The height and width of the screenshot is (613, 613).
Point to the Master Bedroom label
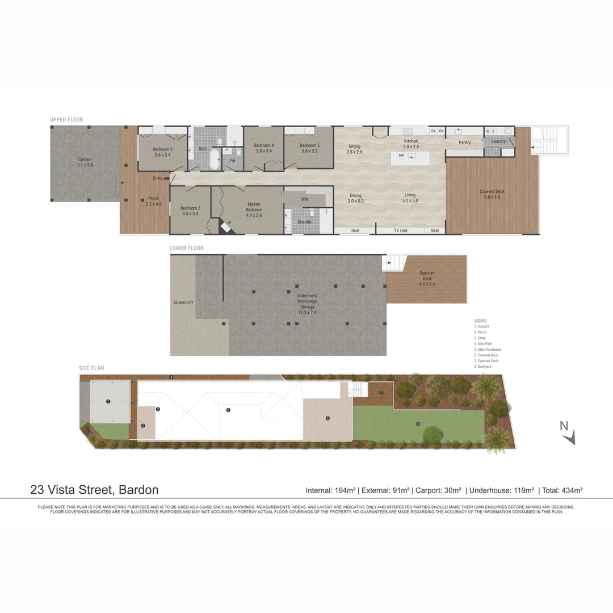[254, 207]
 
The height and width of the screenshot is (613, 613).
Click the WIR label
[305, 199]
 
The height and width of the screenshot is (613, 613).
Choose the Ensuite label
[304, 221]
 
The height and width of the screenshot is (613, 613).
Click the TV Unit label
[400, 230]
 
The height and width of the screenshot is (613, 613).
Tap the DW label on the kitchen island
[401, 155]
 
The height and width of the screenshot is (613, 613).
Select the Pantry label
[464, 142]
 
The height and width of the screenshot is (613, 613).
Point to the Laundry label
[498, 141]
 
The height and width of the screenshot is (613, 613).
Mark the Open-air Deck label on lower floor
[426, 275]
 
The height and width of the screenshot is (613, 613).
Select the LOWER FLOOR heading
[186, 248]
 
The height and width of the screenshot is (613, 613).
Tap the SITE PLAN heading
[91, 368]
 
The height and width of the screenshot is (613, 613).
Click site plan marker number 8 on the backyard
[418, 423]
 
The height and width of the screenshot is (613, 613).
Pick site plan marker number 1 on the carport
[108, 401]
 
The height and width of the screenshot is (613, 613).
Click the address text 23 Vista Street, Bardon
[94, 489]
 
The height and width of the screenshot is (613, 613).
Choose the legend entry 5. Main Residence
[488, 350]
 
